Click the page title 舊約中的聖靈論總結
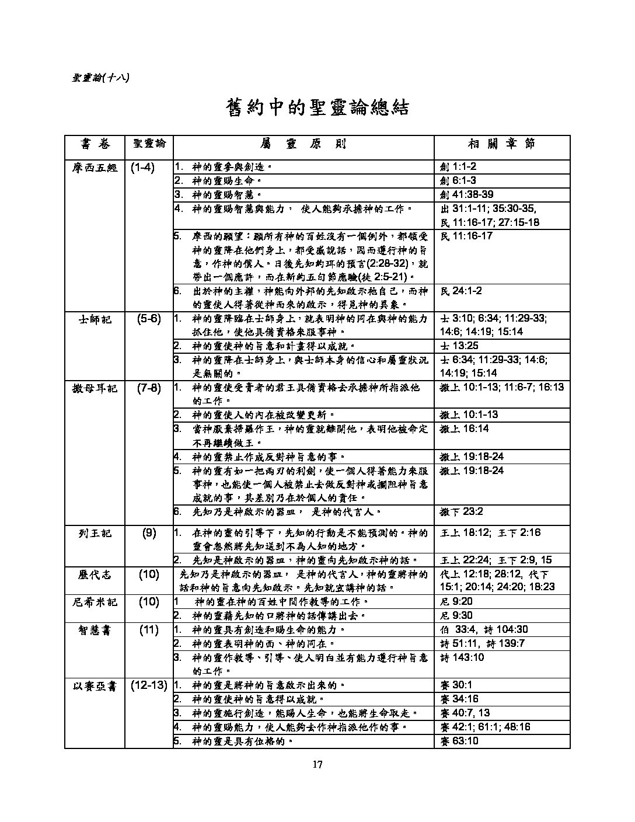[317, 108]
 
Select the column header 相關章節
[501, 144]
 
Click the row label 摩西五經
[95, 168]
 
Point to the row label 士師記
[95, 319]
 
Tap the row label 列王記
[95, 533]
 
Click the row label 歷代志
[95, 574]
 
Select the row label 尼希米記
[95, 602]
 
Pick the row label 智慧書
[95, 630]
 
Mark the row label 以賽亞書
[95, 685]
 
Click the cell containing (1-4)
[142, 168]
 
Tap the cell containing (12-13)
[149, 685]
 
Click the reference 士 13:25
[458, 346]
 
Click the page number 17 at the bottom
[317, 765]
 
